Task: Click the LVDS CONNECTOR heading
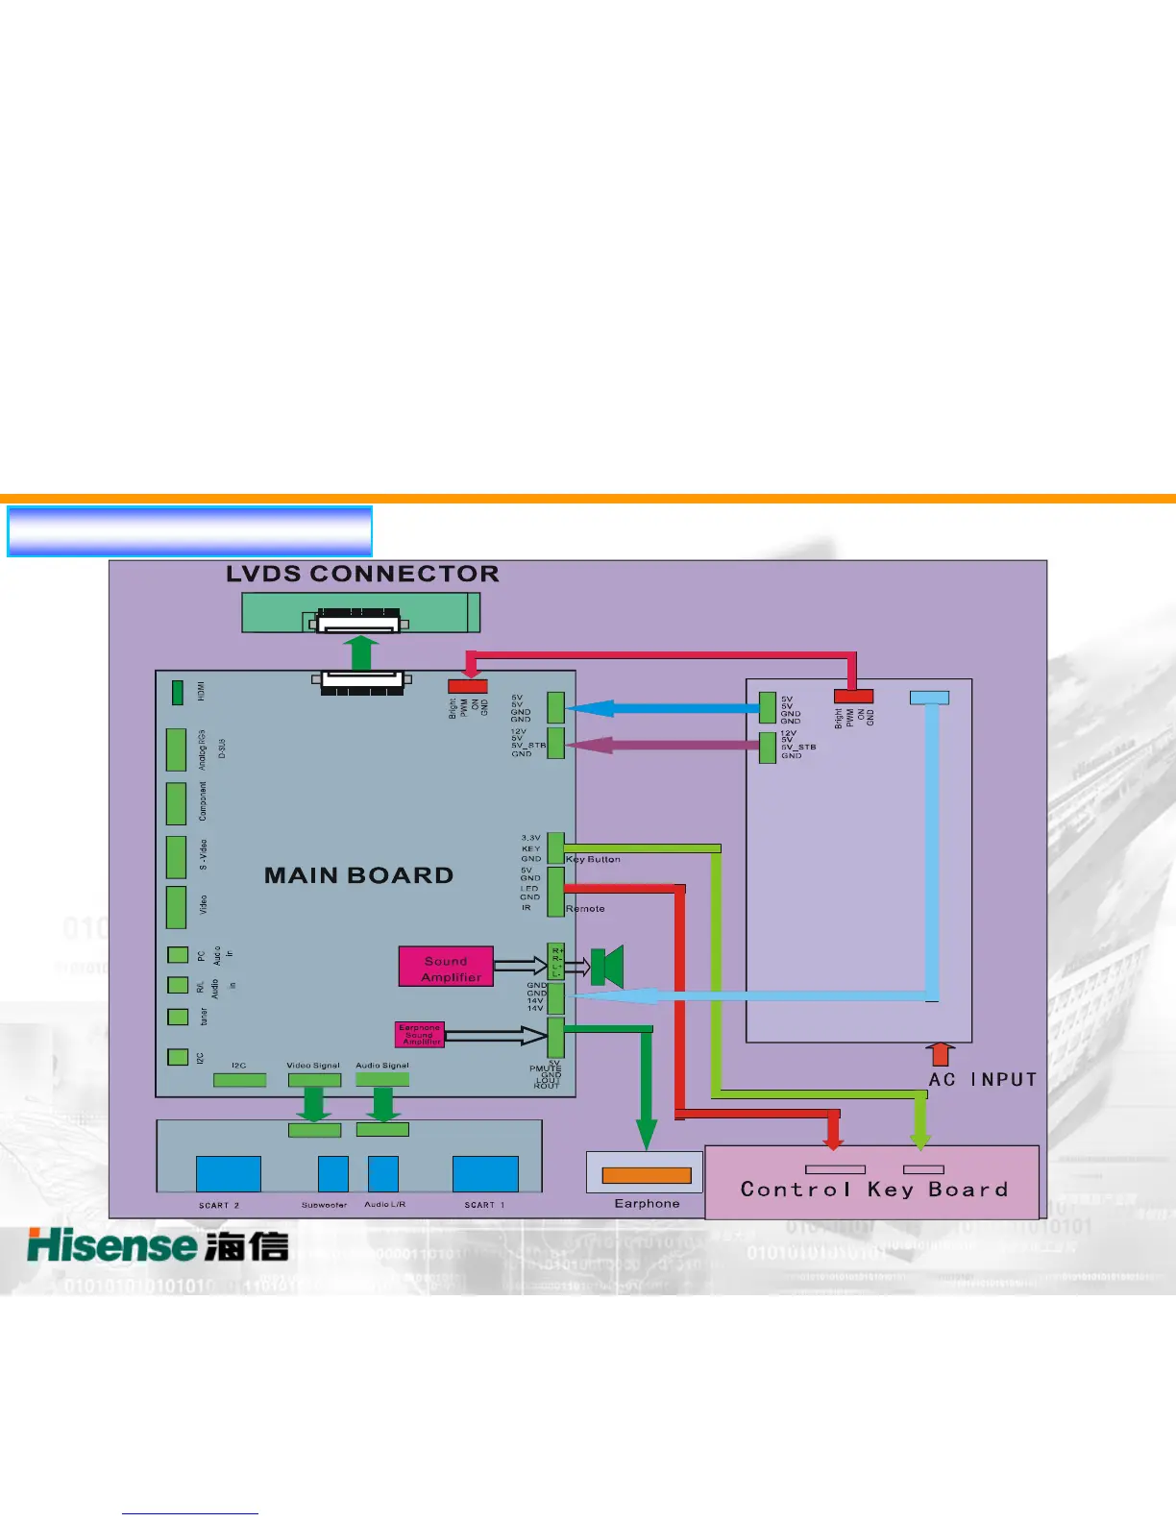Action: (362, 575)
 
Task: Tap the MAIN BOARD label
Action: (358, 875)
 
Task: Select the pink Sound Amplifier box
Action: (446, 968)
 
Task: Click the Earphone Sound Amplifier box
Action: (420, 1034)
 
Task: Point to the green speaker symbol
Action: (607, 967)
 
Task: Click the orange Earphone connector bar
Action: (646, 1175)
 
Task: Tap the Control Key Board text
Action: (873, 1190)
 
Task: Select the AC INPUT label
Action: (982, 1079)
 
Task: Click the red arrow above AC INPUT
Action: (942, 1054)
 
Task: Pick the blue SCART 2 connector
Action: (228, 1173)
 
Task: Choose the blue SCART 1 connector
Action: (485, 1173)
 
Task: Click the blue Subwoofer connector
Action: (332, 1173)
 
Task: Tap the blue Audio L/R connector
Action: (382, 1173)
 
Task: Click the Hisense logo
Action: (158, 1245)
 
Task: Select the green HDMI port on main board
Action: (177, 692)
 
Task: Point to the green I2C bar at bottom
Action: (239, 1080)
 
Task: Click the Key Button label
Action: (593, 859)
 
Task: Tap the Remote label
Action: (585, 908)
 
